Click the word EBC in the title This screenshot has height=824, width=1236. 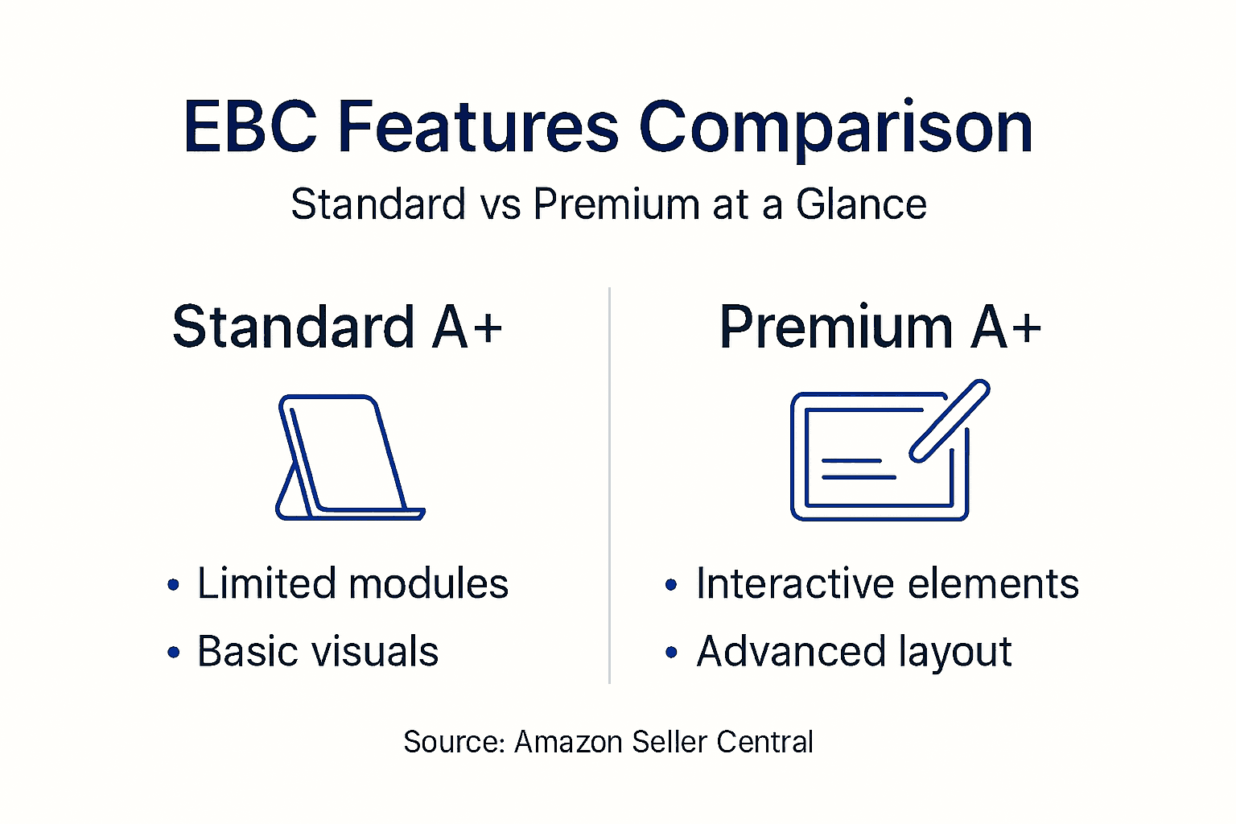coord(250,126)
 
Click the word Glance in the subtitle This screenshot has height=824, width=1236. coord(861,204)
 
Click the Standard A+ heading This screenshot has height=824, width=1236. coord(337,327)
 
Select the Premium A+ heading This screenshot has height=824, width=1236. coord(880,327)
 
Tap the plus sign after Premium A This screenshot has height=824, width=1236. coord(1024,328)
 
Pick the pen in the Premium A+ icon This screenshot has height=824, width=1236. coord(950,420)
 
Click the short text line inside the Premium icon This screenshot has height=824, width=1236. coord(851,461)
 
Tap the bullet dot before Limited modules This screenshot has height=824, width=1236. coord(173,585)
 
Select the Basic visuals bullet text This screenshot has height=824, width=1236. coord(318,651)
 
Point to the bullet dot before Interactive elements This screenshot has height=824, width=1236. coord(672,585)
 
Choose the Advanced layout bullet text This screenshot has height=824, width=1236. coord(854,652)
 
